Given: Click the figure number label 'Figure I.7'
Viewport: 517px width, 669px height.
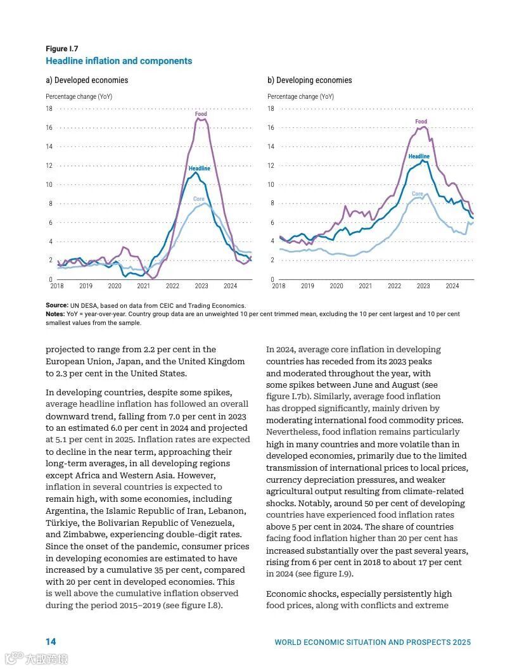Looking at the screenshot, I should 61,49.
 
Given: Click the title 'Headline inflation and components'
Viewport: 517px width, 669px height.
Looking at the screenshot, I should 118,61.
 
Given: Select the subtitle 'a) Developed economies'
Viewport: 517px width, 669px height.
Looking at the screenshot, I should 87,80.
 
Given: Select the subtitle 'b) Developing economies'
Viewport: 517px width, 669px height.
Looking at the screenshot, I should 309,80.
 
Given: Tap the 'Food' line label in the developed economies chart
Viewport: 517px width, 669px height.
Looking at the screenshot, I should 201,114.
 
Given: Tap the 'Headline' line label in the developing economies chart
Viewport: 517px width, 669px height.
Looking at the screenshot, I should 419,156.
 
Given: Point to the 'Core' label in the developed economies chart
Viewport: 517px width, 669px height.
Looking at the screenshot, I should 199,199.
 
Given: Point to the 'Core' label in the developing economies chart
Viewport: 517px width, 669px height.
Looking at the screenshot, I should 418,194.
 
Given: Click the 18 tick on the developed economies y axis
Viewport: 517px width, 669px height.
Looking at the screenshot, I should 49,109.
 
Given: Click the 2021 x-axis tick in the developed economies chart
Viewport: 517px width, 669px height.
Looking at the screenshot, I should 144,286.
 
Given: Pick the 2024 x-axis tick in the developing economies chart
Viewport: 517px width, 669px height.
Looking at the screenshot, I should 452,286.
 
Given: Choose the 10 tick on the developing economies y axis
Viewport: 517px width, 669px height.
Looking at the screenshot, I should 271,185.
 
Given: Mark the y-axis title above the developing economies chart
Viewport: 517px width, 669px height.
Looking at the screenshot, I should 300,97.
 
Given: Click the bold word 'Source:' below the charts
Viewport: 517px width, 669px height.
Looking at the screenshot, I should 56,305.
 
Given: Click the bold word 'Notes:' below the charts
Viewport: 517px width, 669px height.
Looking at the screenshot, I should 55,314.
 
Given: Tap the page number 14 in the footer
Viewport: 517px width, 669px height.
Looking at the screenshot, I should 51,642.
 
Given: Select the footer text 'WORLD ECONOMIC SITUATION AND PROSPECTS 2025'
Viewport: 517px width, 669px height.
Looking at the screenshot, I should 373,642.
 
